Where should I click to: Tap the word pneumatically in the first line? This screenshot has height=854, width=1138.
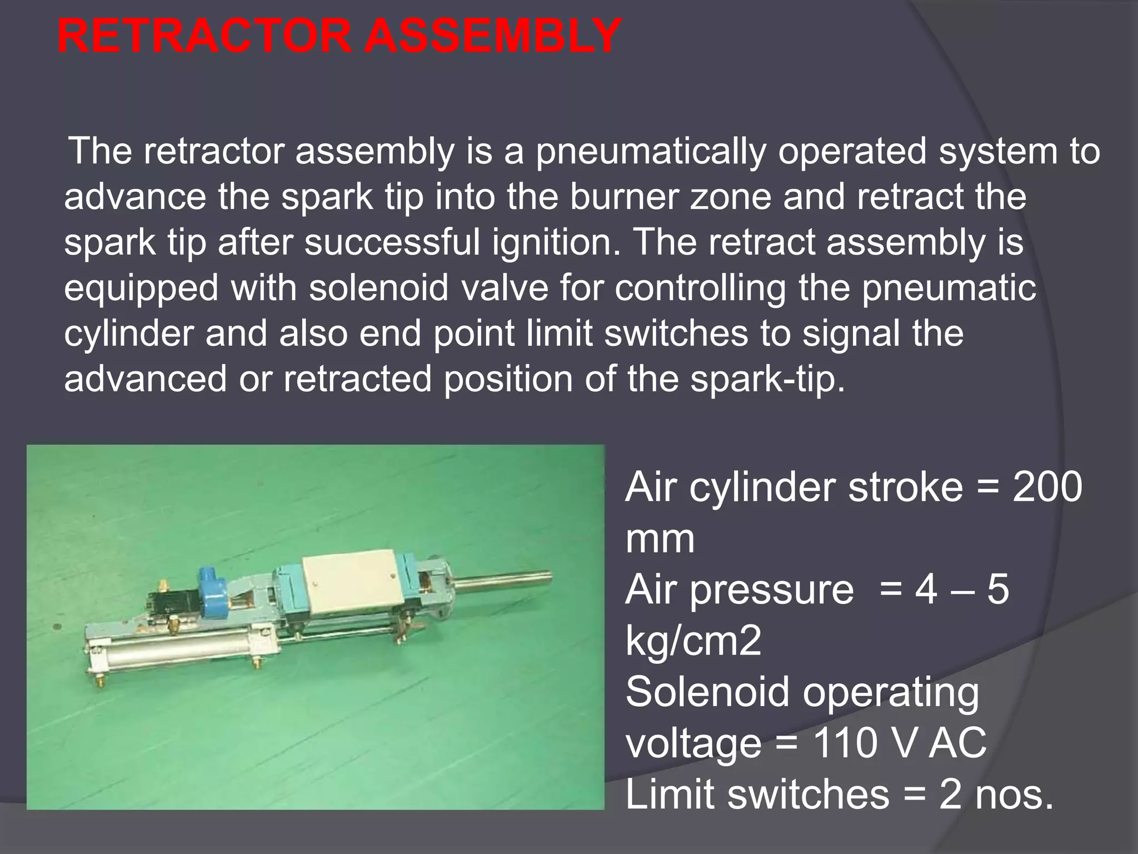pyautogui.click(x=650, y=151)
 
